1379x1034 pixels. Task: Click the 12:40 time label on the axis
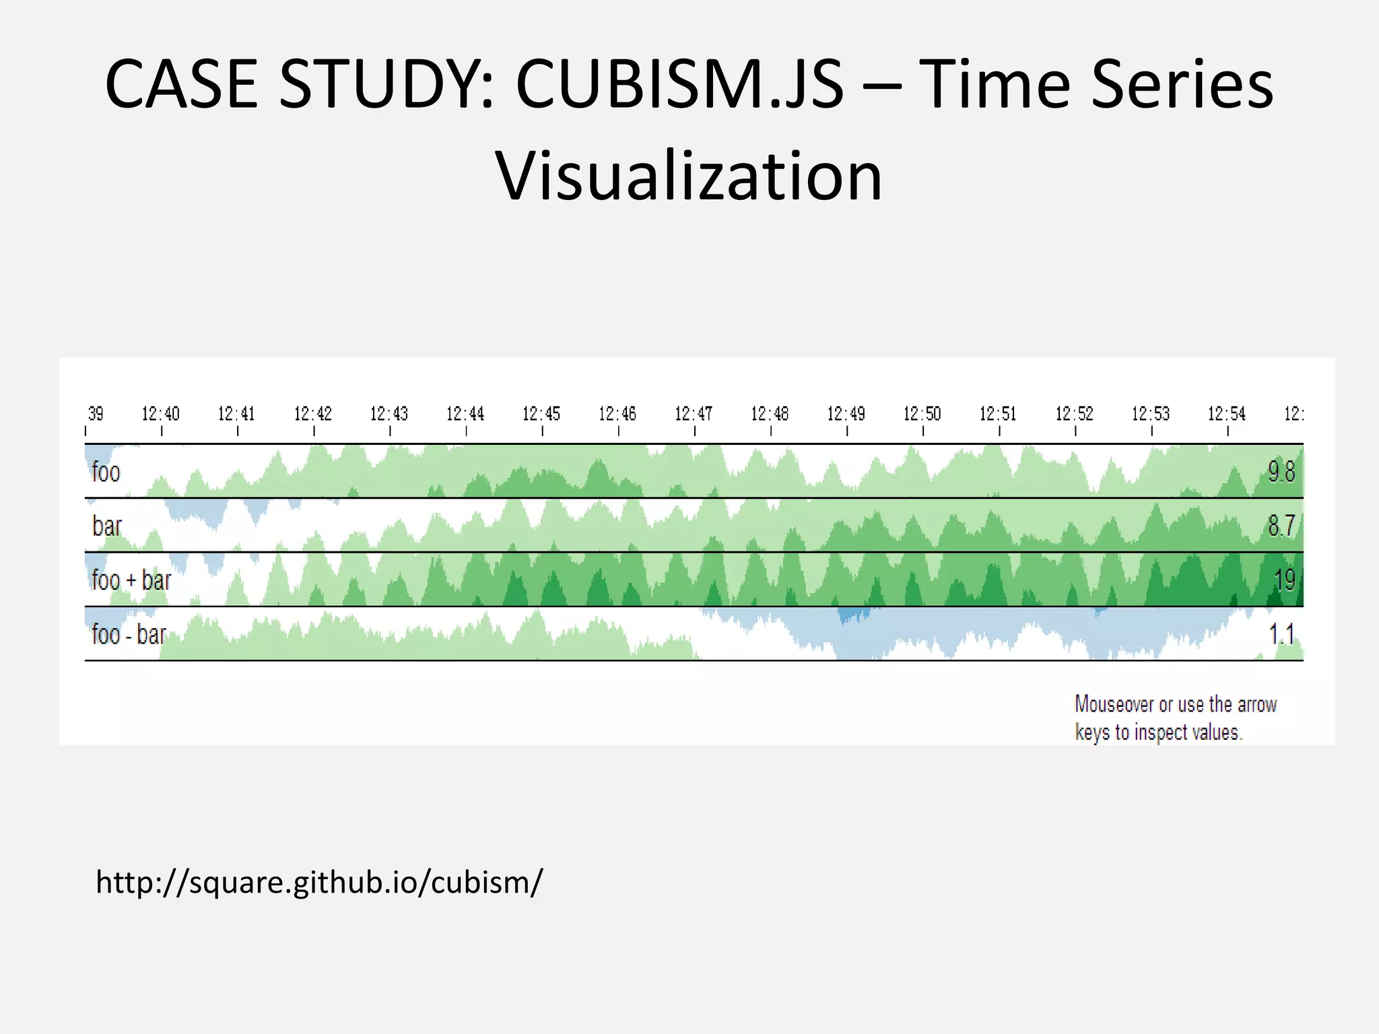[x=160, y=413]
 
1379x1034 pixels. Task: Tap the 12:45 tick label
[x=541, y=413]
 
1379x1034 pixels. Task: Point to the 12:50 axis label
[x=922, y=413]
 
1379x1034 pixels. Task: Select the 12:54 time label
[x=1227, y=413]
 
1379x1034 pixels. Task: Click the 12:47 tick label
[x=694, y=413]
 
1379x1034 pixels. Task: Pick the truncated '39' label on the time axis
[x=96, y=413]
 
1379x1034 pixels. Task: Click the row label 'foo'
[x=106, y=472]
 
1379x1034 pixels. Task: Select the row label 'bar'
[x=107, y=526]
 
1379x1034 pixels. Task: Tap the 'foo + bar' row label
[x=131, y=580]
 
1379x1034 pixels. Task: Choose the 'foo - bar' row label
[x=129, y=634]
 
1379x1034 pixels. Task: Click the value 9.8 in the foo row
[x=1281, y=472]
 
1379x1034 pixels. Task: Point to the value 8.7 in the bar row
[x=1281, y=526]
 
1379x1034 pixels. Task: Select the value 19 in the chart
[x=1285, y=580]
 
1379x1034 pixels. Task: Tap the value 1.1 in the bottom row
[x=1281, y=634]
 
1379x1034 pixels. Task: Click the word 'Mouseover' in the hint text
[x=1114, y=704]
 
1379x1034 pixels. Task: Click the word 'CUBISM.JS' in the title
[x=679, y=85]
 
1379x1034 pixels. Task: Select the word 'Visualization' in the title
[x=689, y=176]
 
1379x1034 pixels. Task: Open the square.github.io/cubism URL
[x=318, y=883]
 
